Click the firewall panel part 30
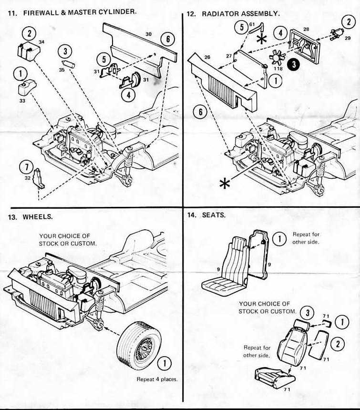click(138, 46)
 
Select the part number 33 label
click(22, 101)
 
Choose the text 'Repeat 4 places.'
click(156, 379)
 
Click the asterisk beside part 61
click(261, 40)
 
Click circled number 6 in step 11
click(167, 40)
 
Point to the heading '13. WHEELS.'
click(31, 217)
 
